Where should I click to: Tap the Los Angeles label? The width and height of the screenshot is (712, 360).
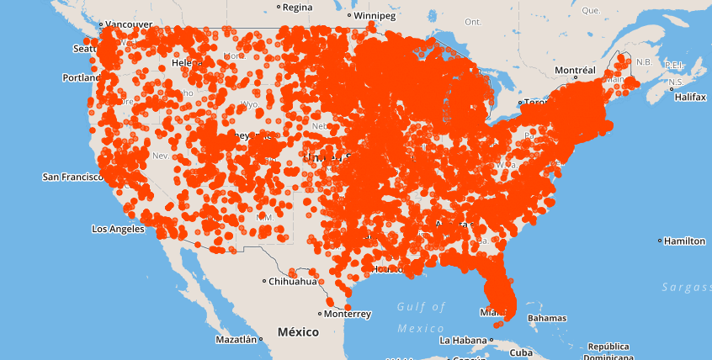(118, 229)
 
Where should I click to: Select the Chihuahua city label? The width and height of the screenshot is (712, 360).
(294, 282)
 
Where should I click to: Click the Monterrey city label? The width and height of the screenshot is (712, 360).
(347, 314)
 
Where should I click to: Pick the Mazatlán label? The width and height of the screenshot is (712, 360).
(236, 340)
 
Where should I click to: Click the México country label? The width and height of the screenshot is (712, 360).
(298, 332)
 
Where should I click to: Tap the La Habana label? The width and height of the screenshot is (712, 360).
(463, 341)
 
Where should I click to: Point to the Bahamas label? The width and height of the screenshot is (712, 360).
(547, 319)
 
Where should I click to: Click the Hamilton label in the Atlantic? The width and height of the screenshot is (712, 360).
(684, 241)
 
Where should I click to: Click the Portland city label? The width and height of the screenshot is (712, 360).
(81, 78)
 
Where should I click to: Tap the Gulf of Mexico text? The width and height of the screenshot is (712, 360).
(421, 317)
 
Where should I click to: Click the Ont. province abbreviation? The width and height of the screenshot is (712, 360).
(473, 22)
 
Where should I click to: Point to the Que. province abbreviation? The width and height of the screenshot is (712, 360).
(591, 10)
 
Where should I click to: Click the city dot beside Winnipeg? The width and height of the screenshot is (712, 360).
(349, 15)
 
